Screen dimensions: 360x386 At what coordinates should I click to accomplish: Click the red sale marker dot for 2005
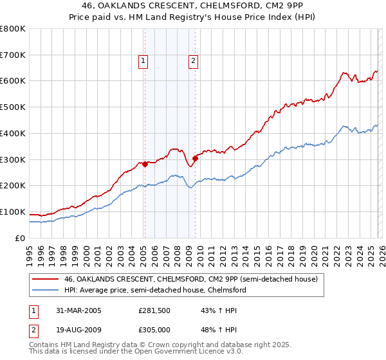145,164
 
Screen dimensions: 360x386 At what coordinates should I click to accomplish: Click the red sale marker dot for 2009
194,157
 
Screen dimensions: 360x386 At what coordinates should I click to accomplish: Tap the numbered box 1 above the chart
143,62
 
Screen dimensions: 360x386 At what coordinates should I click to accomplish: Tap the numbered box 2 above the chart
193,62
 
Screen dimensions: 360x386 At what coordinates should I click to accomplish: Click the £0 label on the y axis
19,238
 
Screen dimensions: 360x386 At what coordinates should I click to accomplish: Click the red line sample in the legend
46,279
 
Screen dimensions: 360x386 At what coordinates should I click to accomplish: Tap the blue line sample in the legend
46,290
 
